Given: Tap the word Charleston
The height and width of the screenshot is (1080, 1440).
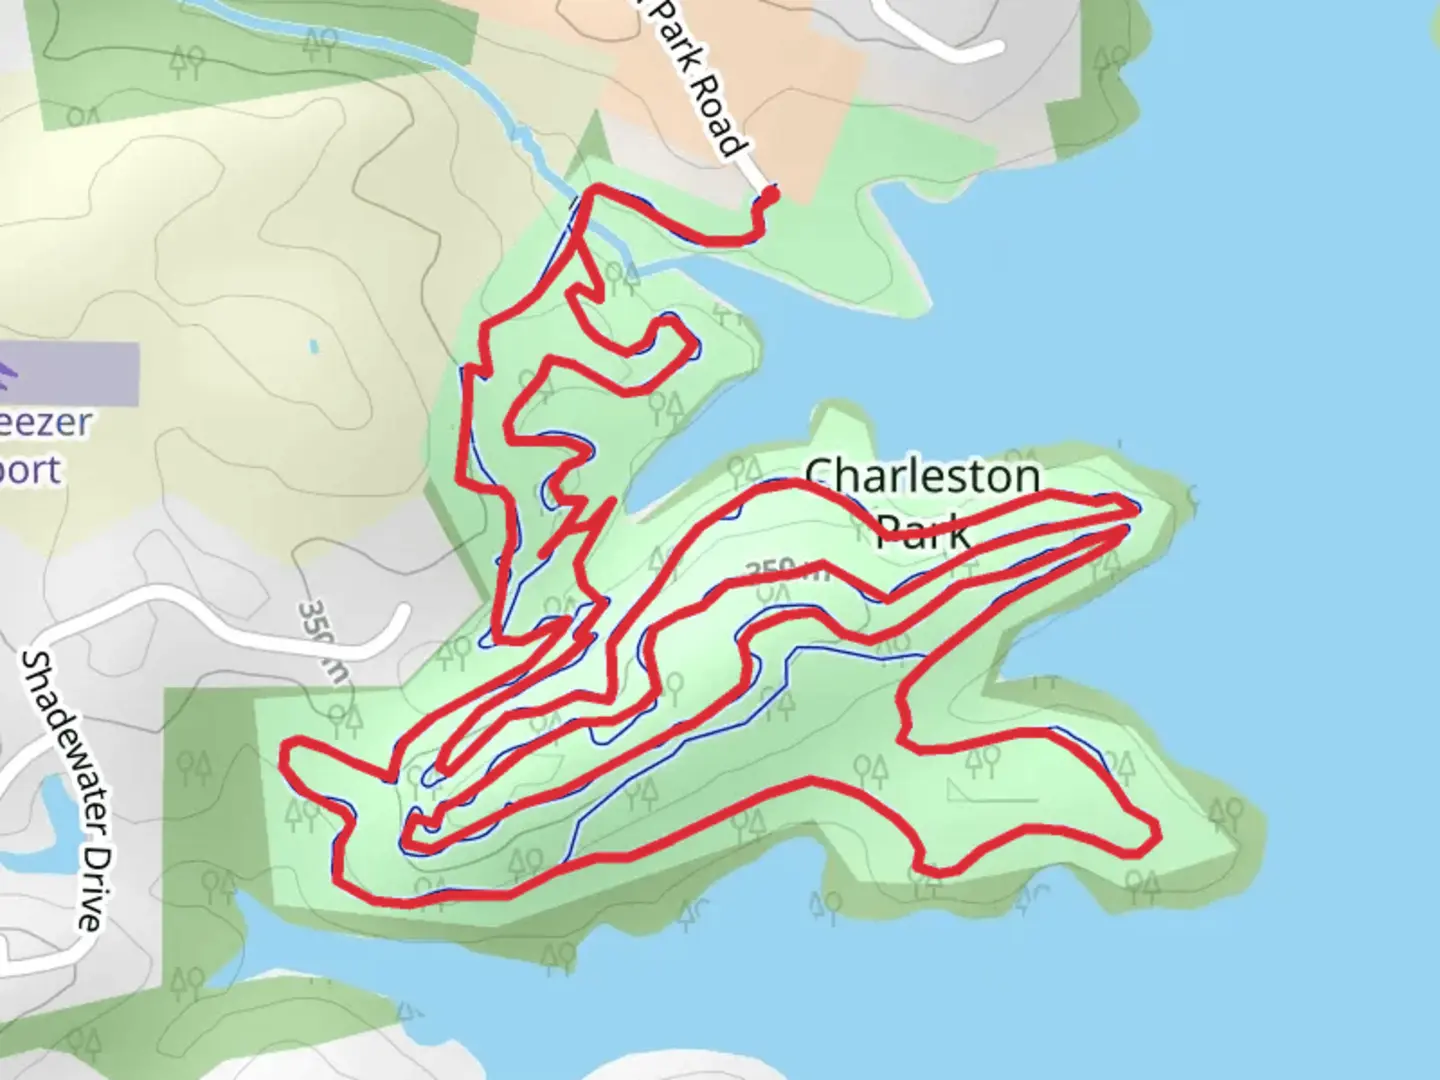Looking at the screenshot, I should point(921,477).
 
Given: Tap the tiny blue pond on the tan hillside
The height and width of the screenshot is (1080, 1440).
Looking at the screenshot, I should point(314,347).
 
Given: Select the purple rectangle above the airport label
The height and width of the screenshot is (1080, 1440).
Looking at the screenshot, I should point(70,373).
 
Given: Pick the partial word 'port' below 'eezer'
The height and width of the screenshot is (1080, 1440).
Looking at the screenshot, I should point(30,469).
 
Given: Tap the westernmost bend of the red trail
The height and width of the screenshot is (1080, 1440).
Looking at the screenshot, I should point(286,752).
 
